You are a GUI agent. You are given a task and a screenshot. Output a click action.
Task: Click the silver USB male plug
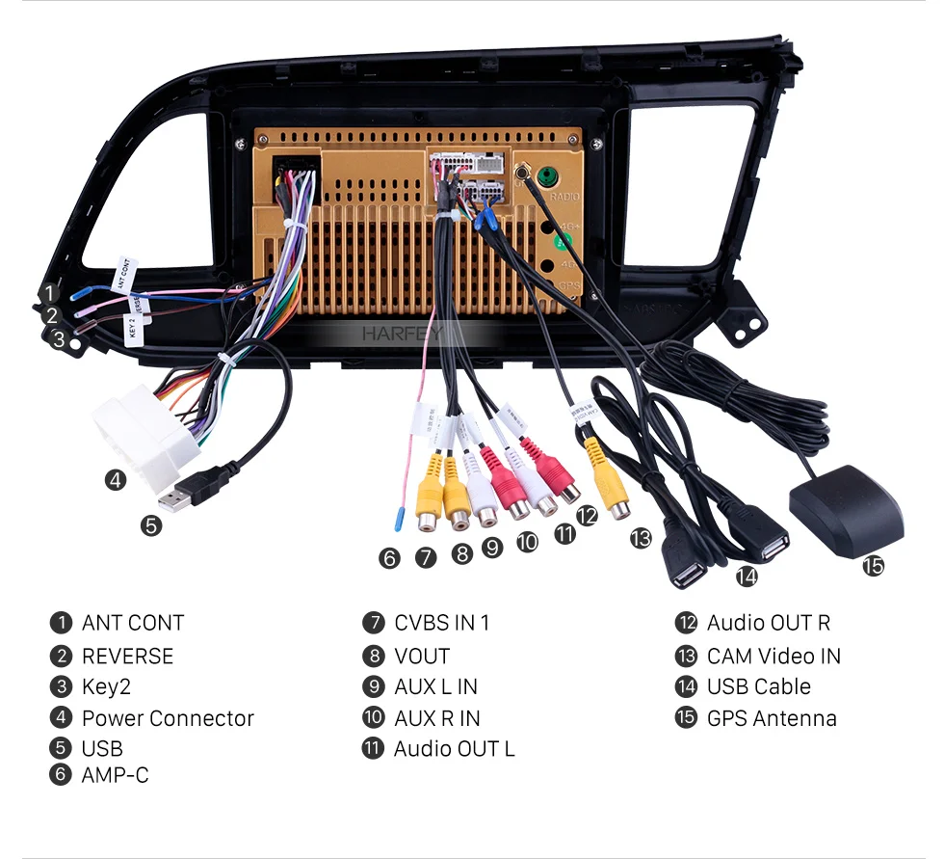coord(179,499)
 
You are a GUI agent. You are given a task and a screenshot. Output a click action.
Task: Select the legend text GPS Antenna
coord(772,718)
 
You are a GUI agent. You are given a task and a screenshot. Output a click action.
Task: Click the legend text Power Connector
coord(168,718)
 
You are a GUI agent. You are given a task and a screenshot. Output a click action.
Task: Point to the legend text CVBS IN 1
coord(441,623)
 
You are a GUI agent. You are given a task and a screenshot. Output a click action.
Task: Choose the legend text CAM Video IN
coord(774,657)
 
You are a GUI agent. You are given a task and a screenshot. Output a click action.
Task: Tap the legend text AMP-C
coord(115,774)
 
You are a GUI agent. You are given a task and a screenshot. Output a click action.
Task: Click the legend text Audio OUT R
coord(768,623)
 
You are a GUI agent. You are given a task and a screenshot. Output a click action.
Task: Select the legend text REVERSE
coord(127,657)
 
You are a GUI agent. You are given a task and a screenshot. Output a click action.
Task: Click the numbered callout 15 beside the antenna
coord(873,566)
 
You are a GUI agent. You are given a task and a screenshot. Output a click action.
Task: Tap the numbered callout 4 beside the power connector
coord(116,479)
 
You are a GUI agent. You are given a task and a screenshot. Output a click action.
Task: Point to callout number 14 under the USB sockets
coord(747,577)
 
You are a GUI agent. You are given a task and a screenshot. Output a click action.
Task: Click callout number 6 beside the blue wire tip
coord(389,557)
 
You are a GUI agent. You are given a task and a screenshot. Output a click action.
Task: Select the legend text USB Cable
coord(759,686)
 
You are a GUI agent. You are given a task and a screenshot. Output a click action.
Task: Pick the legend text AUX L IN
coord(435,686)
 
